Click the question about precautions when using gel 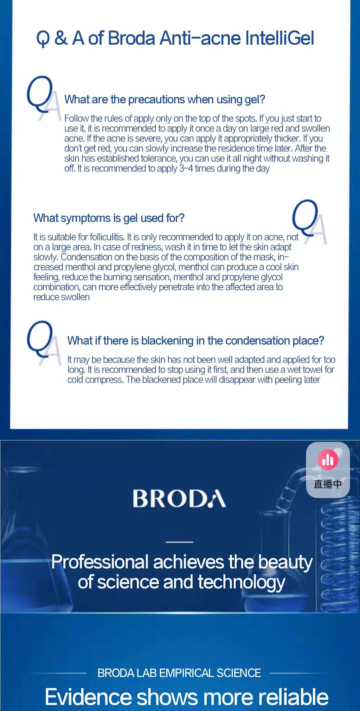tap(165, 99)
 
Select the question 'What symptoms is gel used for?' tap(109, 218)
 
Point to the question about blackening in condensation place tap(196, 341)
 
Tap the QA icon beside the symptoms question tap(309, 222)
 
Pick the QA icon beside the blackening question tap(44, 343)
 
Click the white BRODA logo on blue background tap(179, 498)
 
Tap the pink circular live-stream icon tap(328, 459)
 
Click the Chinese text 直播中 tap(328, 484)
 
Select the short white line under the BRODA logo tap(179, 542)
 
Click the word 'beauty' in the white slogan tap(286, 562)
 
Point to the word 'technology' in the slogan tap(242, 582)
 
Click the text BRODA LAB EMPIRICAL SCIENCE tap(179, 673)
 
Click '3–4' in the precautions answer tap(186, 168)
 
